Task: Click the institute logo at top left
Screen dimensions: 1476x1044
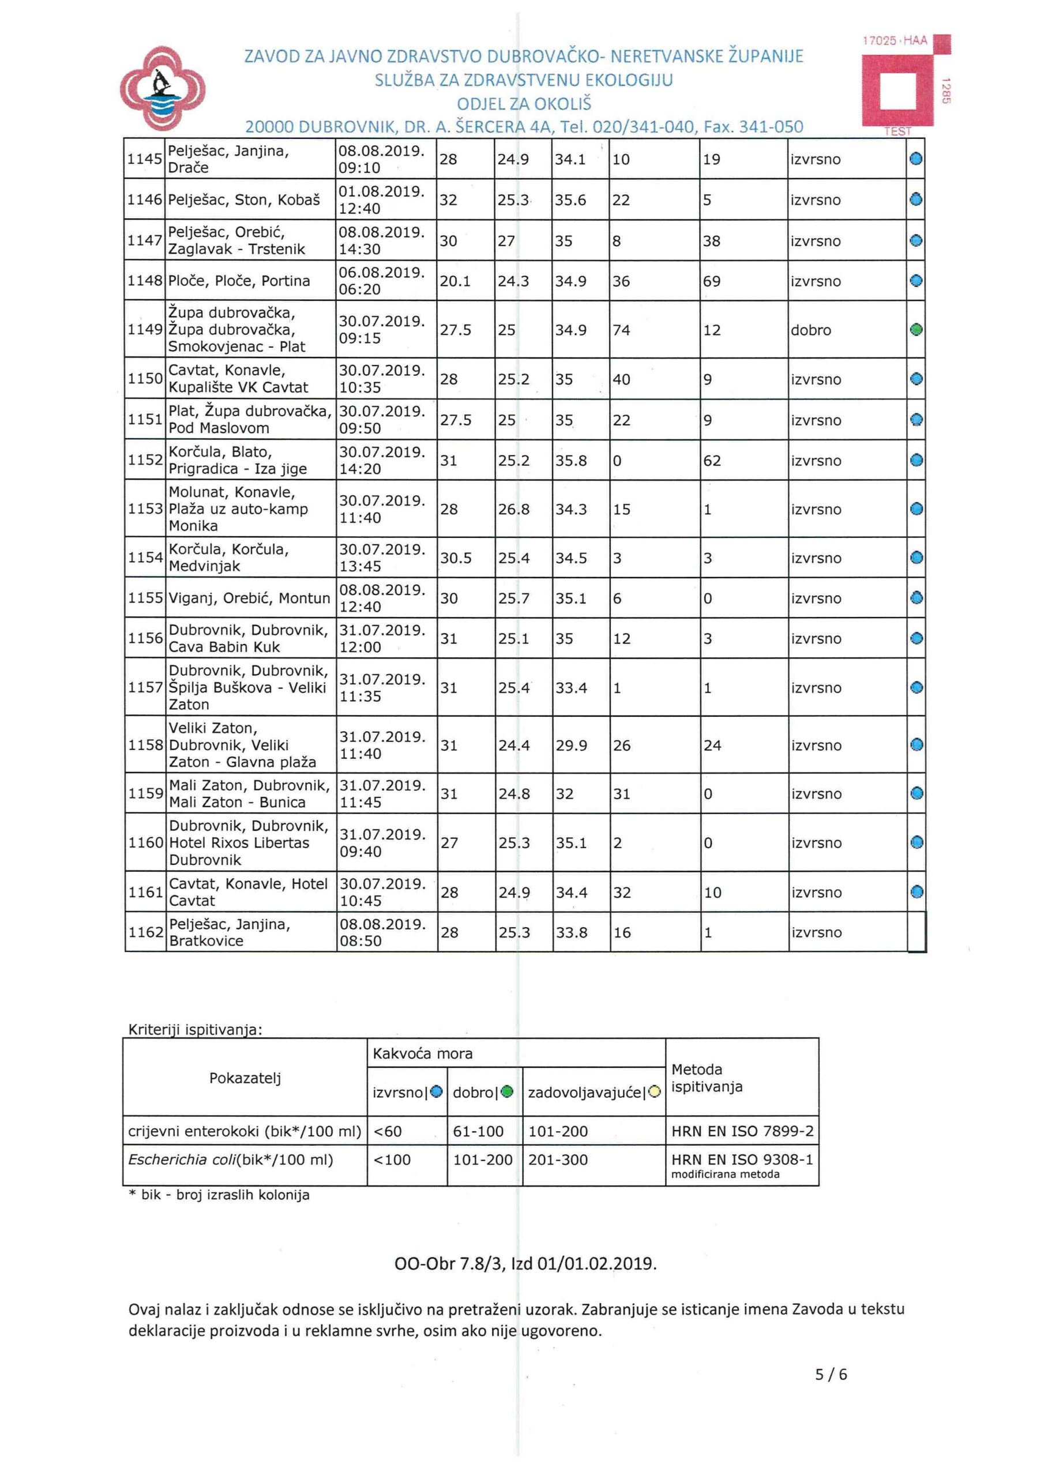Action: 162,89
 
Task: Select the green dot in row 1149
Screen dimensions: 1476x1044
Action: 916,330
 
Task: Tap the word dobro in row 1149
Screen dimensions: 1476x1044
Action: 810,330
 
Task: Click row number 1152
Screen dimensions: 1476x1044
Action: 145,460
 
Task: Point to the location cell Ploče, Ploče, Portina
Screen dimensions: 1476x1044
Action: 239,281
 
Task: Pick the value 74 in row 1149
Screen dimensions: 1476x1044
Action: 621,330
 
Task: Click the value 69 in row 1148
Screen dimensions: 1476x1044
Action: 711,281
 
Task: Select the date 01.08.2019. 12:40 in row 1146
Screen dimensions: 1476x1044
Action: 381,200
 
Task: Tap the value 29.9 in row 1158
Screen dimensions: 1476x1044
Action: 571,745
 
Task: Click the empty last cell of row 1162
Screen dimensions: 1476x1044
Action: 916,932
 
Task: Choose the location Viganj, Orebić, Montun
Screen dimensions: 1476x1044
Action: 249,598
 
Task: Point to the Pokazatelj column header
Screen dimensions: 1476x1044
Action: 245,1078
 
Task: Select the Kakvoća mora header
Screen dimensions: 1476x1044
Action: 423,1053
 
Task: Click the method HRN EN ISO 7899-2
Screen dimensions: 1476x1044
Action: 742,1131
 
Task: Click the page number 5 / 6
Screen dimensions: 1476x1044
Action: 831,1375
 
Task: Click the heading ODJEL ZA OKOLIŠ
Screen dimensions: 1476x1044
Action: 524,104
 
